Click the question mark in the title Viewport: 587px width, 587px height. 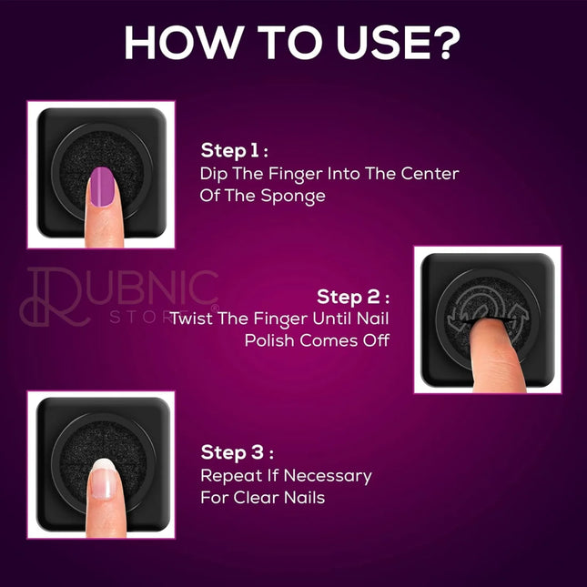point(446,42)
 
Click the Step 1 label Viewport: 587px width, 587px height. point(235,150)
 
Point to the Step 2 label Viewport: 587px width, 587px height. point(353,297)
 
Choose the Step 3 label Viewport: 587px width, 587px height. point(237,452)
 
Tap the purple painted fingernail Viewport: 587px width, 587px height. point(102,187)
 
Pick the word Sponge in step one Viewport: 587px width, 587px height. point(293,197)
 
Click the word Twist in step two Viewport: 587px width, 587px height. point(192,319)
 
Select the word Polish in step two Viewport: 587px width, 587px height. point(269,340)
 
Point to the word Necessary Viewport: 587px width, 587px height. point(328,476)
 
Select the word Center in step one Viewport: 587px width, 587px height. point(430,174)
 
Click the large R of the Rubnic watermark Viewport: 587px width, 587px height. point(56,297)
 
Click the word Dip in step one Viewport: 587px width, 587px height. point(213,175)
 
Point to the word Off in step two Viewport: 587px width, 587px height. point(376,340)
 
